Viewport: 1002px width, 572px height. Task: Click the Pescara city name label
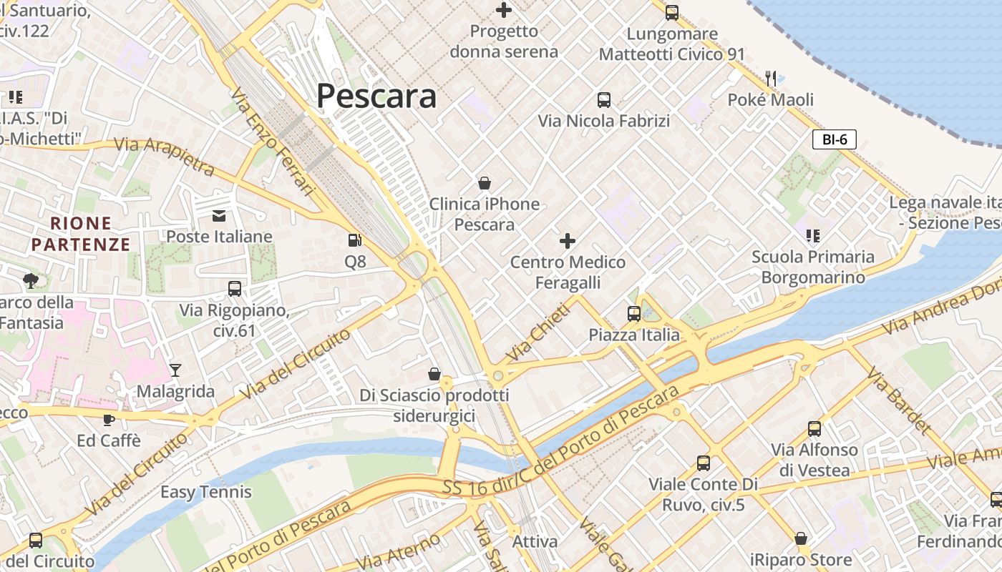click(x=376, y=96)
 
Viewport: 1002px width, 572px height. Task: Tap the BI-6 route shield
click(x=835, y=139)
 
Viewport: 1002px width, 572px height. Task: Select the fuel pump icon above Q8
click(x=354, y=241)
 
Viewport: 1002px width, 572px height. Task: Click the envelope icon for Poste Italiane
click(x=219, y=215)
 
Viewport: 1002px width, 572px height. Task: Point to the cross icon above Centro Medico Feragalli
click(x=568, y=241)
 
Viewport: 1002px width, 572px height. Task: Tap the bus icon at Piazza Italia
click(x=634, y=313)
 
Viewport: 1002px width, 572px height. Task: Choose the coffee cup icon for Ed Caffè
click(x=109, y=420)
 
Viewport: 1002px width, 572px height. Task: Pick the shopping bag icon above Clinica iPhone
click(x=485, y=183)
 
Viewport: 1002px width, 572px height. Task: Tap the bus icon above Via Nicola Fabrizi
click(x=604, y=100)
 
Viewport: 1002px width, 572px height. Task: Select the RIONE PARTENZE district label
click(x=81, y=235)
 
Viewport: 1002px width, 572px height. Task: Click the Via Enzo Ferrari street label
click(x=273, y=142)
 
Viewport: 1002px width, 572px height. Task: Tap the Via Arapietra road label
click(x=164, y=156)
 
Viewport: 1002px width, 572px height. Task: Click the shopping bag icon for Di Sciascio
click(x=434, y=374)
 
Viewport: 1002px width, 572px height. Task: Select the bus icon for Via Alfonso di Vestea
click(x=814, y=429)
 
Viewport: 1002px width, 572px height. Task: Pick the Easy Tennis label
click(x=206, y=492)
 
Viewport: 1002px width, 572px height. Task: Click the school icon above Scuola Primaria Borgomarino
click(x=812, y=235)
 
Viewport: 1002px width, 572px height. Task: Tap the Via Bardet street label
click(x=899, y=401)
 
